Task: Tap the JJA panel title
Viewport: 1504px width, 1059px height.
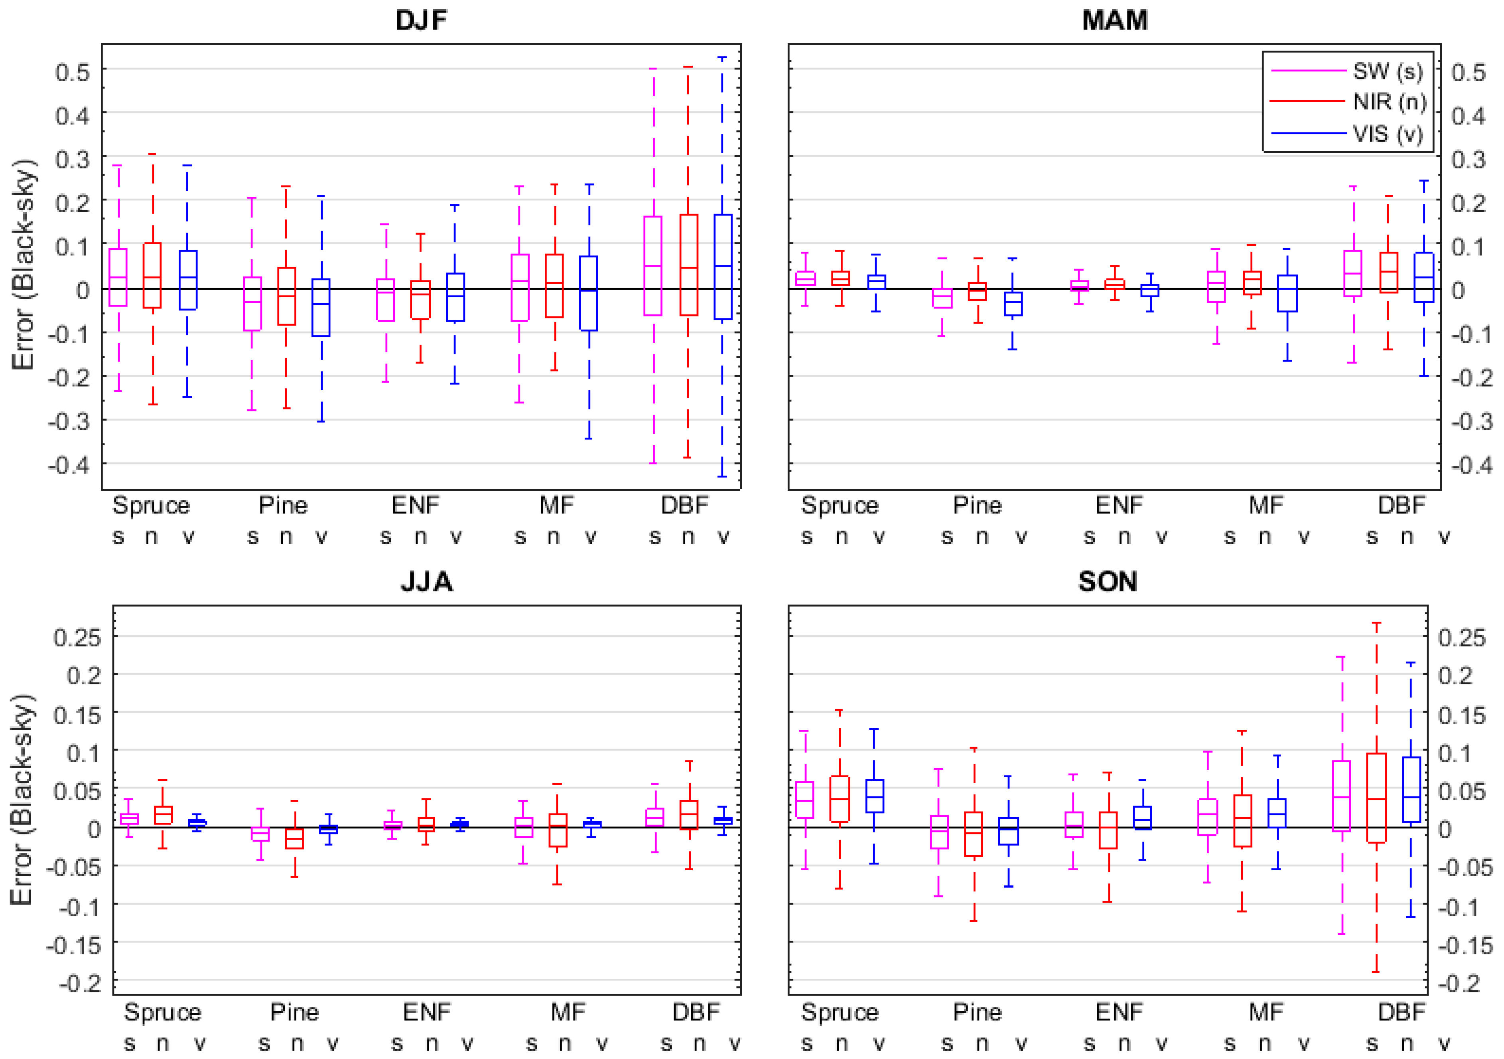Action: coord(426,581)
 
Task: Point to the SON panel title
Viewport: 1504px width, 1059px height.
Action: coord(1108,581)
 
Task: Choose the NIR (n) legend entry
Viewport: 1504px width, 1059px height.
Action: coord(1389,102)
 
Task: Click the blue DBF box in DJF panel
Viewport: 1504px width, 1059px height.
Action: coord(723,266)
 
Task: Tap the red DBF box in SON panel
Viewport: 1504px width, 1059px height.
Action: coord(1376,798)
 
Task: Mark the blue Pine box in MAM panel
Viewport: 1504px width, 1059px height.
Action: coord(1013,303)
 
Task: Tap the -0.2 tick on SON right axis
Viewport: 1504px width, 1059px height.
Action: coord(1459,983)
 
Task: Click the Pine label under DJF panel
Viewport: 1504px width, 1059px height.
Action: coord(283,505)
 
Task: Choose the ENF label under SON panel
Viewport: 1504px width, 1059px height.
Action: coord(1119,1012)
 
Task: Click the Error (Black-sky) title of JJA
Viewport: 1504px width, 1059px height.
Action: coord(22,800)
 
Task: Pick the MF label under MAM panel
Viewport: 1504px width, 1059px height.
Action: coord(1265,505)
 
